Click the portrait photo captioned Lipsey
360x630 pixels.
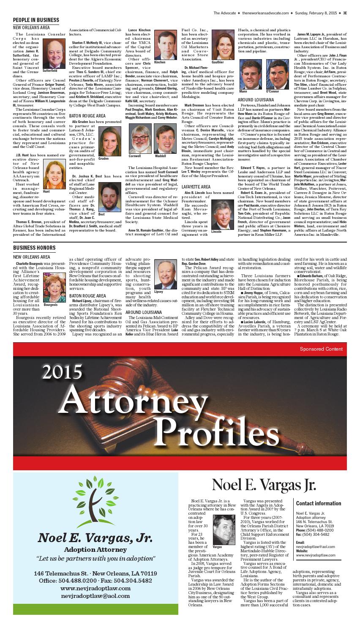[x=165, y=274]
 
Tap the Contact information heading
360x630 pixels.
[x=319, y=503]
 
